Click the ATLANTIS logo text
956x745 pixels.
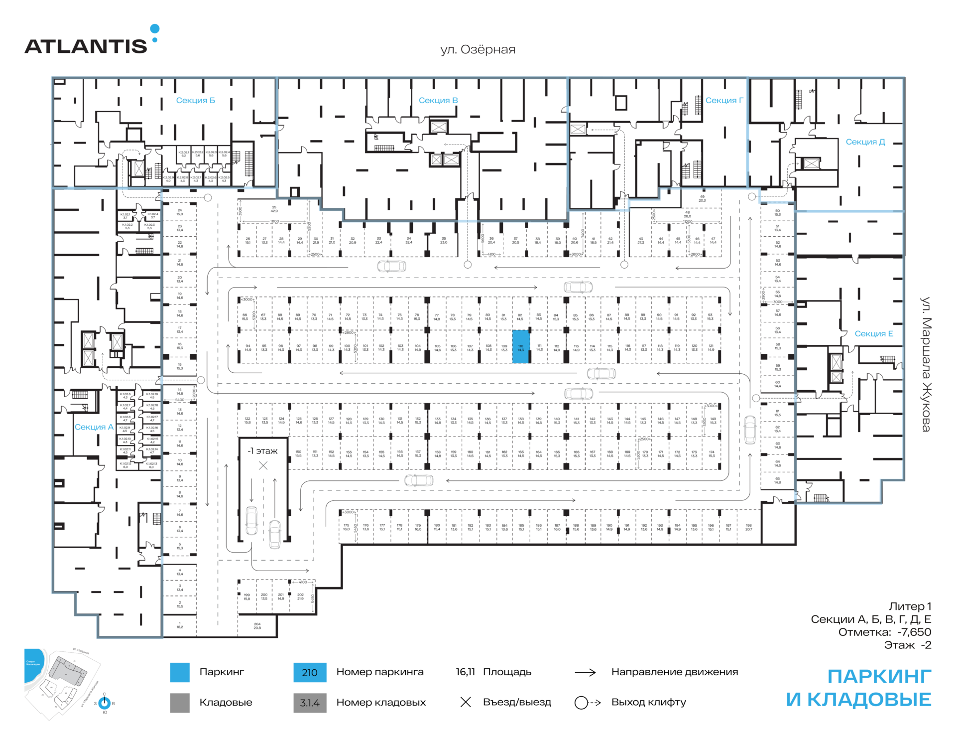coord(86,46)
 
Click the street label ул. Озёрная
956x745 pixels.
coord(478,49)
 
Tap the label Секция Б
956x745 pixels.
coord(195,100)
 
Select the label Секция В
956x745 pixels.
coord(438,100)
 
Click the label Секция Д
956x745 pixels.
coord(865,142)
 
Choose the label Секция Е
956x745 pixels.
coord(873,333)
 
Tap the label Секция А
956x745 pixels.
coord(94,427)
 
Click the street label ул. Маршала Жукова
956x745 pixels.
coord(925,364)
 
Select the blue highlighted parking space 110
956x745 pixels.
coord(521,346)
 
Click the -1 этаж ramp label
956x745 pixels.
coord(263,451)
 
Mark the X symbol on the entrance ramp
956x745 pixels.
coord(263,465)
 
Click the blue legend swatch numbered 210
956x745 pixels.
coord(310,672)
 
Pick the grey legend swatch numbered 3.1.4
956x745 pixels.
coord(310,703)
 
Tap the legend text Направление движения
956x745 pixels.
coord(674,672)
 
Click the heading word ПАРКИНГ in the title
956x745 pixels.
coord(879,677)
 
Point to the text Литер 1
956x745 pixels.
coord(910,606)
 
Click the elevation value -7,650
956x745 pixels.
coord(914,632)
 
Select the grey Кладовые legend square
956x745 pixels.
coord(180,703)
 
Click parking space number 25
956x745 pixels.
coord(274,209)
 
